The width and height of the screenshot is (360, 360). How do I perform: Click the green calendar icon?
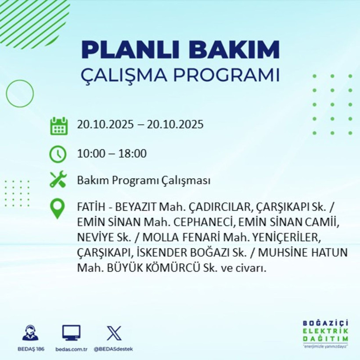(x=58, y=126)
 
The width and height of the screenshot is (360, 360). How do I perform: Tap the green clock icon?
(x=58, y=154)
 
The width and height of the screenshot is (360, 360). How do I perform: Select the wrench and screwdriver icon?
(x=58, y=180)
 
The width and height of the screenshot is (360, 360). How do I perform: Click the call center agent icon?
(x=30, y=333)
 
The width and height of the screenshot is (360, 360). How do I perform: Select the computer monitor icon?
(x=71, y=333)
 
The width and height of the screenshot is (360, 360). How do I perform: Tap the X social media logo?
(x=114, y=333)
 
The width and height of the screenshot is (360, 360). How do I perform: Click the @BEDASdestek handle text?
(x=114, y=349)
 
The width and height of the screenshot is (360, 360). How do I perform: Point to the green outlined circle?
(x=20, y=94)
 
